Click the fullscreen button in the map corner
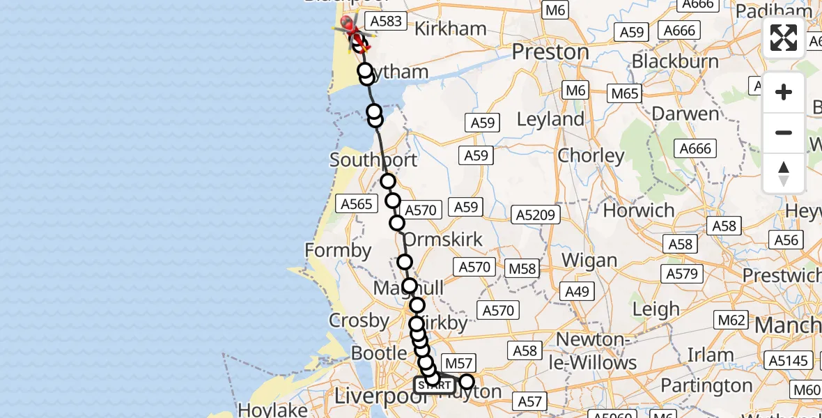784,38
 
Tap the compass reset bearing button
784,173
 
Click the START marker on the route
435,385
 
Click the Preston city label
550,52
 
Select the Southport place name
373,160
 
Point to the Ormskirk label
443,240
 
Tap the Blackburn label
675,61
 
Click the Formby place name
339,249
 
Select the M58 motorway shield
522,268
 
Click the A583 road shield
386,21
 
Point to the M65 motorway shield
624,93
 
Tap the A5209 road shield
536,215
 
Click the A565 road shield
357,203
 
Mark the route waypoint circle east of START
466,382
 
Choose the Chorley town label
591,155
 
